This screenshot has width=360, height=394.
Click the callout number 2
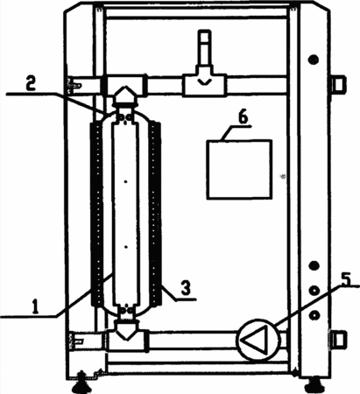click(x=30, y=84)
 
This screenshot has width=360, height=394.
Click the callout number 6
click(x=243, y=117)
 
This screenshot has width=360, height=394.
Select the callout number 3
click(x=186, y=287)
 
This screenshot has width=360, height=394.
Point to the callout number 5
click(x=346, y=279)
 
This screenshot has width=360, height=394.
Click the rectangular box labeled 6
click(x=239, y=170)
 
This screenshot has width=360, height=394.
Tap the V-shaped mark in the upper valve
click(x=204, y=81)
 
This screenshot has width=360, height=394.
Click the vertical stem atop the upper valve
click(x=205, y=48)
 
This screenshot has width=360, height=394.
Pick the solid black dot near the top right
click(x=314, y=60)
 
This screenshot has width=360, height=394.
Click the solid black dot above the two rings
click(x=314, y=265)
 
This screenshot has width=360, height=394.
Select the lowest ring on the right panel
click(x=314, y=315)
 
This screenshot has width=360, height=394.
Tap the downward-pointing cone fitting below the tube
click(x=126, y=330)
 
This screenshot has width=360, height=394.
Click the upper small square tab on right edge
click(x=340, y=84)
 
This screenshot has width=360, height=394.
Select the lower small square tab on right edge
click(x=339, y=340)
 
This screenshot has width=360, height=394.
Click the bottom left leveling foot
click(x=81, y=383)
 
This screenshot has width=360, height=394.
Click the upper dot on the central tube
click(x=126, y=182)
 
